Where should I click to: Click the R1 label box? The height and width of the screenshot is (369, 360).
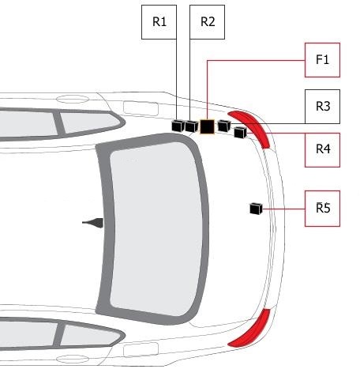click(159, 22)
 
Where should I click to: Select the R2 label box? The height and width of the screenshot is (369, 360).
click(207, 22)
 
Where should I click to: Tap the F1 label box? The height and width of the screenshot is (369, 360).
click(322, 60)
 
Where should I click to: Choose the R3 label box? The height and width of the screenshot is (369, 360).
click(322, 107)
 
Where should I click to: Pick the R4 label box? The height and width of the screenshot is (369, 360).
click(322, 150)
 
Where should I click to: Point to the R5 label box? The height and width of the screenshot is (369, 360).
click(322, 209)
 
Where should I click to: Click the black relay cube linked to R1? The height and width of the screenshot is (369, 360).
click(178, 126)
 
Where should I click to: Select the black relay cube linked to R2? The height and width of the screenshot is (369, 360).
click(191, 126)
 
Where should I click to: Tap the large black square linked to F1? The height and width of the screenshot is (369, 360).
click(207, 126)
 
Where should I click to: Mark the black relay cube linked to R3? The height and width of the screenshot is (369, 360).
click(224, 126)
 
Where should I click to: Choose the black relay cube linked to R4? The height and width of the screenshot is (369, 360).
click(240, 132)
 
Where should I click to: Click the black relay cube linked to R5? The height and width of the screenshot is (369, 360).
click(256, 209)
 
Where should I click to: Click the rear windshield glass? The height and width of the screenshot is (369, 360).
click(156, 229)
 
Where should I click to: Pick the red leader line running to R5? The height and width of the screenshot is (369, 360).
click(283, 209)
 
